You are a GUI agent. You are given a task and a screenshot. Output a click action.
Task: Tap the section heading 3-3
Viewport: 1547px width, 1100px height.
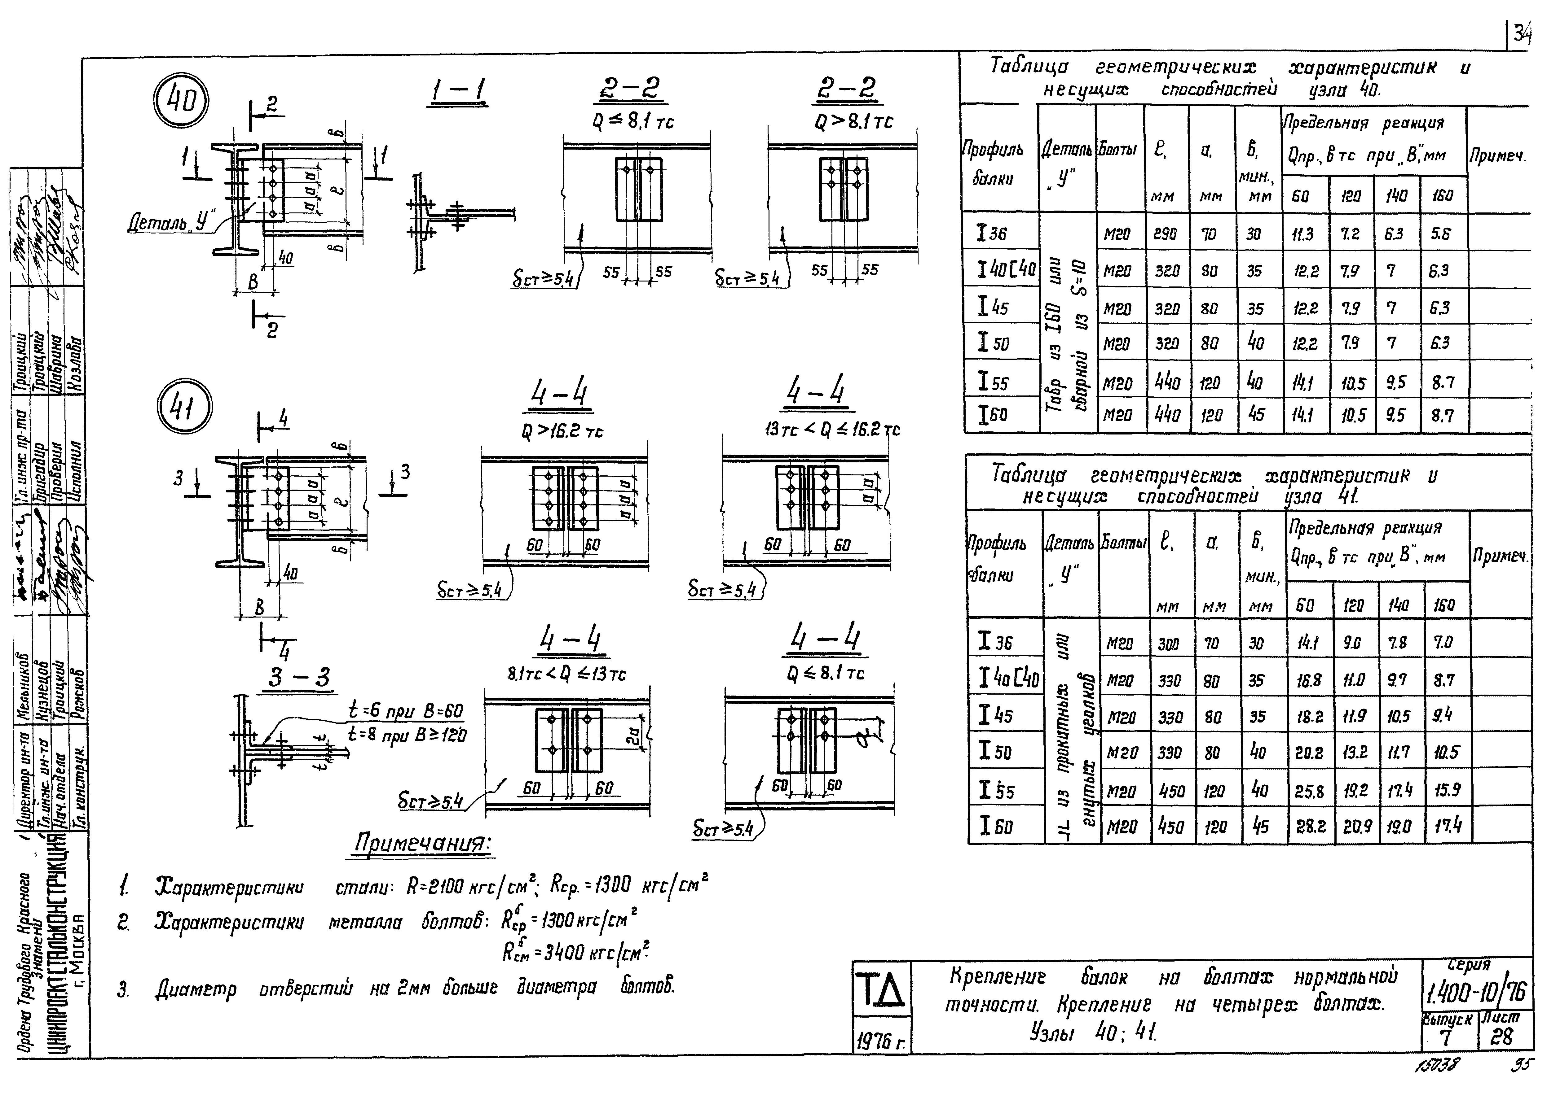(x=298, y=677)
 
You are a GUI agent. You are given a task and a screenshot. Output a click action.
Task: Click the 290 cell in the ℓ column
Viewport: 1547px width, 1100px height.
(x=1166, y=234)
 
